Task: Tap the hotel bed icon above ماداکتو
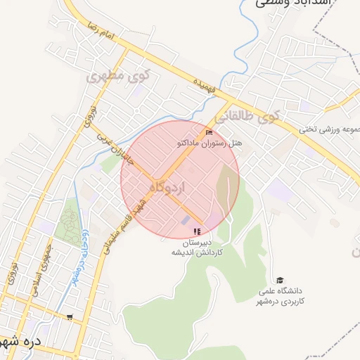[x=208, y=132]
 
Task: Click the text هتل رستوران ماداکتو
[x=209, y=142]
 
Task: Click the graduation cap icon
[x=281, y=280]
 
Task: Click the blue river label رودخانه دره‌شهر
[x=78, y=257]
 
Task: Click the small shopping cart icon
[x=69, y=317]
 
